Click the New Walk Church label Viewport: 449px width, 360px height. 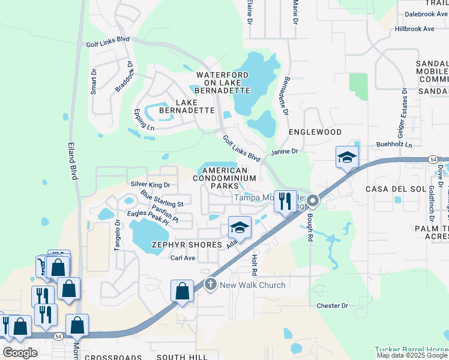click(x=252, y=285)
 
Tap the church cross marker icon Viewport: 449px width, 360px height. click(x=210, y=284)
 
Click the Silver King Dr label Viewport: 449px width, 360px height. click(x=151, y=185)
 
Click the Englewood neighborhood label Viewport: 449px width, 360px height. click(x=315, y=131)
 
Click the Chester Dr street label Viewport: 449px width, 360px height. click(x=332, y=305)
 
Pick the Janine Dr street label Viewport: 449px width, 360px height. click(x=285, y=152)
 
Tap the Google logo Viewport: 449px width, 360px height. click(x=20, y=353)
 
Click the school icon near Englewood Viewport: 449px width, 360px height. click(x=347, y=158)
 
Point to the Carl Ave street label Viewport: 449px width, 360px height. click(x=183, y=258)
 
